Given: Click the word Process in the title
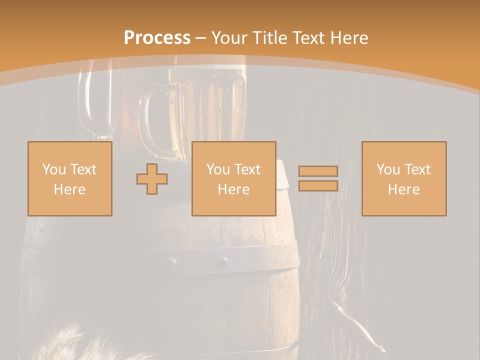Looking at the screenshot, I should tap(157, 38).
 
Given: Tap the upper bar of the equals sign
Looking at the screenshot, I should tap(318, 171).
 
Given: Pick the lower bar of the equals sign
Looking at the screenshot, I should tap(318, 185).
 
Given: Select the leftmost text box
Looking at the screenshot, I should tap(70, 178).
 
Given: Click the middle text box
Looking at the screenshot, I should tap(233, 178).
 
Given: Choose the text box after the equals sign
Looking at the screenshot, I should tap(403, 178).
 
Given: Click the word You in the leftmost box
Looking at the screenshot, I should tap(54, 169).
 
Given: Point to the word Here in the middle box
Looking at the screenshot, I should tap(233, 189).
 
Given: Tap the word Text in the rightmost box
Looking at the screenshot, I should tap(418, 169).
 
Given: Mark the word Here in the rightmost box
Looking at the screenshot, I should tap(403, 189).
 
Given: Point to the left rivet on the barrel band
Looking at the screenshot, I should tap(173, 261).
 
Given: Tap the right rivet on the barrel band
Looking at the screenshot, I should tap(223, 261).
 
